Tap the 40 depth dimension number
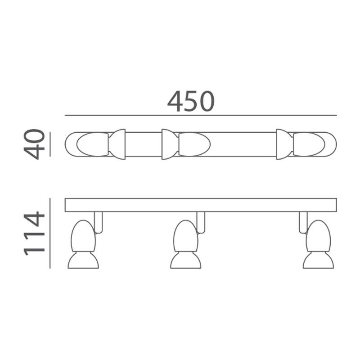[35, 144]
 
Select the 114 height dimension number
[35, 234]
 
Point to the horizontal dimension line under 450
[201, 116]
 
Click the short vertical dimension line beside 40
[50, 144]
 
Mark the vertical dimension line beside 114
[50, 233]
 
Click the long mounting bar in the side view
[201, 205]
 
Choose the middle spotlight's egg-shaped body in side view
[185, 236]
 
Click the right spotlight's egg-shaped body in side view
[318, 236]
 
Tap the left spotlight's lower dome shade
[83, 261]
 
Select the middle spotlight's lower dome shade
[185, 261]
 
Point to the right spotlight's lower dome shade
[318, 261]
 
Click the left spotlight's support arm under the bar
[99, 222]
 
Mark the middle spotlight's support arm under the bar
[201, 222]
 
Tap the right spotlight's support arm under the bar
[303, 222]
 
